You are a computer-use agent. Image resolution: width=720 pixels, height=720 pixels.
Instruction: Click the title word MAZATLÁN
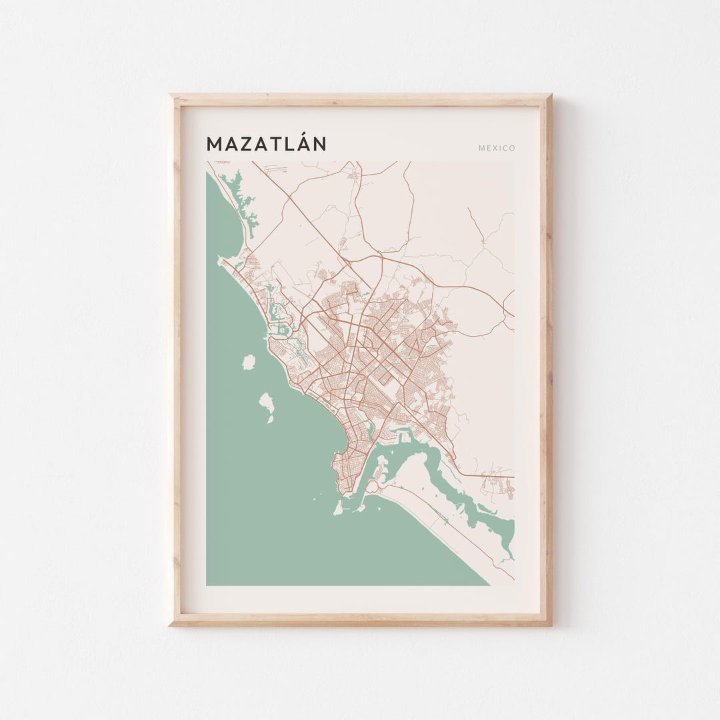tap(266, 143)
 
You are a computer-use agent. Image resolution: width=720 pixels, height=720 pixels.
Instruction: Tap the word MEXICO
tap(497, 148)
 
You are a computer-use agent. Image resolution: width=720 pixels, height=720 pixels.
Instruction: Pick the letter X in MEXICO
tap(494, 148)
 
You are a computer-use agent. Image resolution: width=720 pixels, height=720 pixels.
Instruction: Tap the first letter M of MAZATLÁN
tap(214, 144)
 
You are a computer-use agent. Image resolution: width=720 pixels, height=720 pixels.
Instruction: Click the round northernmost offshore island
tap(248, 362)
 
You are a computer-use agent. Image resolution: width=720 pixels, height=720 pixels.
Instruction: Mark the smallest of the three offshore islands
tap(270, 419)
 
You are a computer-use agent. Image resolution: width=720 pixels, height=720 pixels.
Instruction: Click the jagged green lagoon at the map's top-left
tap(241, 197)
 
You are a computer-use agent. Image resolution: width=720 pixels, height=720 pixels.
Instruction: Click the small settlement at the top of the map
tap(353, 176)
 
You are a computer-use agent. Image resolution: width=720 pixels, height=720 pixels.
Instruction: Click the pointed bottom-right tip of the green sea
tap(487, 584)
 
